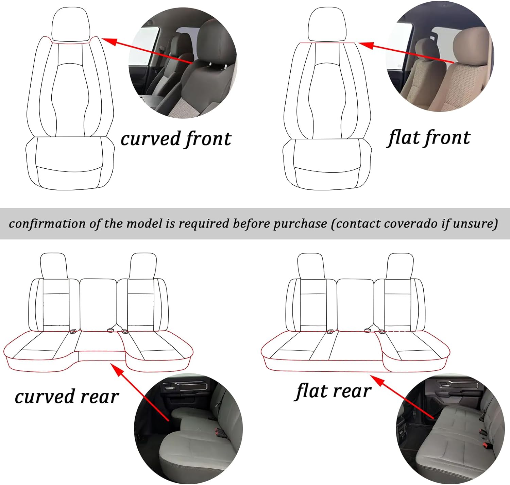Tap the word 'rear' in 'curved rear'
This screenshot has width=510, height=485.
point(100,397)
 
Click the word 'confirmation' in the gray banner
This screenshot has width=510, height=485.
point(48,224)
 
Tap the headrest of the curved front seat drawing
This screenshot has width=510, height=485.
point(71,24)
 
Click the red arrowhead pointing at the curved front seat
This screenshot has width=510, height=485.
point(109,41)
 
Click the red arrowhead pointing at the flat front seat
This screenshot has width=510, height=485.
point(366,46)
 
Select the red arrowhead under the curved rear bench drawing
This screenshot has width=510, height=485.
point(117,369)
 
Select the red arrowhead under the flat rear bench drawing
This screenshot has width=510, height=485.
point(377,381)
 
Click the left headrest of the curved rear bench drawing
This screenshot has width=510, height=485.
point(54,266)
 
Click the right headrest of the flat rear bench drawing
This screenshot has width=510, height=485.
point(400,266)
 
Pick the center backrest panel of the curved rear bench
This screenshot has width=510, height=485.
point(98,305)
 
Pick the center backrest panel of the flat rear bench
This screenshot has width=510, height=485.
point(355,305)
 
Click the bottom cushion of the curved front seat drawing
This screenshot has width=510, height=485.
point(70,163)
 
